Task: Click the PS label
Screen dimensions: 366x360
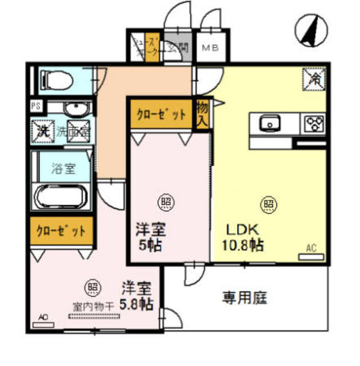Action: tap(35, 105)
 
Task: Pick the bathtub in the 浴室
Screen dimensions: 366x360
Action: tap(61, 198)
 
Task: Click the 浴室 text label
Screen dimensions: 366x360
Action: tap(62, 170)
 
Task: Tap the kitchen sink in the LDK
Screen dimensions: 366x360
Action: tap(269, 122)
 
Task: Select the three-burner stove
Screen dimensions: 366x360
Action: tap(314, 122)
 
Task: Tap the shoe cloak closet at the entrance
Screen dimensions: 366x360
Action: tap(151, 48)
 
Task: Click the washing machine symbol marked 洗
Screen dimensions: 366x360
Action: tap(42, 129)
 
